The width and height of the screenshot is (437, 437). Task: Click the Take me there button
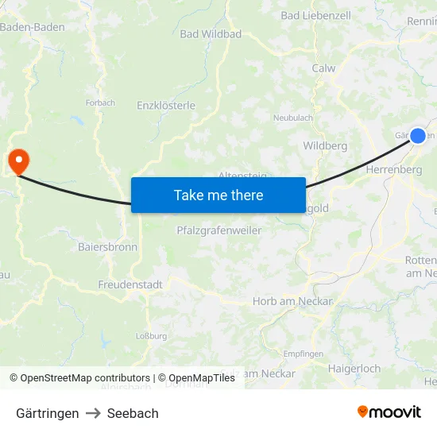[218, 195]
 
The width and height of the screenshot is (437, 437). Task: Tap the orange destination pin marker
[17, 161]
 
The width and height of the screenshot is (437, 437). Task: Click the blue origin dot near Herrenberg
[418, 135]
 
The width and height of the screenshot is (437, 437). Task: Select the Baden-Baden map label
[32, 27]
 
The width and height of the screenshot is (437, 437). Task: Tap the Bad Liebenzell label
[315, 15]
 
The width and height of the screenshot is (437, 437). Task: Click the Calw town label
[323, 68]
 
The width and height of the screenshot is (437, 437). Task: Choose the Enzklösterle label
[166, 105]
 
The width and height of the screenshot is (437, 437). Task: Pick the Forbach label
[100, 102]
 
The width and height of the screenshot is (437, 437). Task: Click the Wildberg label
[325, 146]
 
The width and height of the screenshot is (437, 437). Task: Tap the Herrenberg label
[393, 169]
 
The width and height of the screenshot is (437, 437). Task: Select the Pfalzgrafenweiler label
[218, 230]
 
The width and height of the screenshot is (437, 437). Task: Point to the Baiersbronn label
[107, 247]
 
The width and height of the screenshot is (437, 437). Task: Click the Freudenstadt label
[130, 284]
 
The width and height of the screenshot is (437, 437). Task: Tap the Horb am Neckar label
[292, 301]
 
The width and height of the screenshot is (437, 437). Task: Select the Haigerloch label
[354, 369]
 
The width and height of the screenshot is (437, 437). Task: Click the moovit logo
[389, 412]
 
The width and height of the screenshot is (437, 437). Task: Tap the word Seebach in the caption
[133, 413]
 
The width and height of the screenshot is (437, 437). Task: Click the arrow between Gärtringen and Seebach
[93, 413]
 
